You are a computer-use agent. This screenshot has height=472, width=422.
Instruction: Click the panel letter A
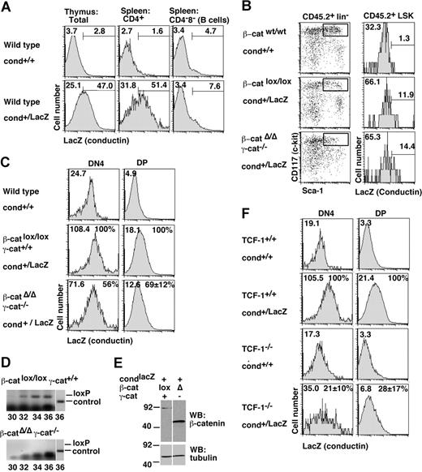[6, 7]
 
